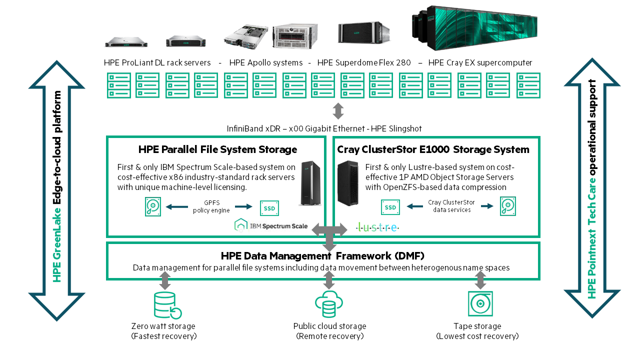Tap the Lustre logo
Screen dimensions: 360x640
pyautogui.click(x=377, y=227)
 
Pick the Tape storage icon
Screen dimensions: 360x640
pyautogui.click(x=480, y=304)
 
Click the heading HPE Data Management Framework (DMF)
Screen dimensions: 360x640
pyautogui.click(x=322, y=256)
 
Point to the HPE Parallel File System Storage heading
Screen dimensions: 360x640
pyautogui.click(x=217, y=149)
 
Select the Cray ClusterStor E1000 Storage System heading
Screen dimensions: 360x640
pyautogui.click(x=433, y=149)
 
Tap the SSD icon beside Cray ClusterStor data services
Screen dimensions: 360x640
pyautogui.click(x=390, y=207)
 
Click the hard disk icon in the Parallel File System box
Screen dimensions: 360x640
pyautogui.click(x=153, y=207)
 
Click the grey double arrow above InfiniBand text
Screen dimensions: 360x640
pyautogui.click(x=338, y=110)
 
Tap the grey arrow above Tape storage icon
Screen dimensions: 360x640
pyautogui.click(x=480, y=280)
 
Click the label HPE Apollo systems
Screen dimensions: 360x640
pyautogui.click(x=265, y=63)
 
